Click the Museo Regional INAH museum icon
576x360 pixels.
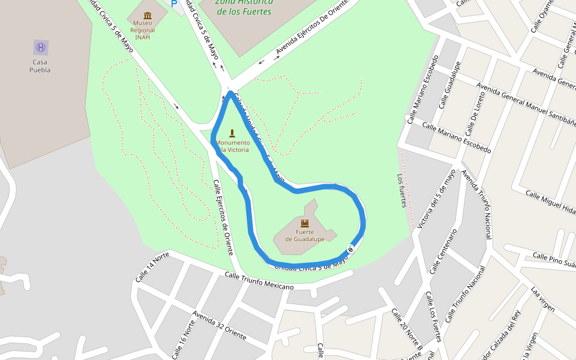(148, 15)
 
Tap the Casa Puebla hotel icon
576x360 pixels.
(41, 47)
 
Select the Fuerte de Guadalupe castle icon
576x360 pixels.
(305, 223)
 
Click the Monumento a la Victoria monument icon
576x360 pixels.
(232, 133)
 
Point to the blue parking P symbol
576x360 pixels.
(174, 4)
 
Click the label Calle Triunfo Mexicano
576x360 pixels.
(259, 281)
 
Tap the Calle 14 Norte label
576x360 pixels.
(152, 268)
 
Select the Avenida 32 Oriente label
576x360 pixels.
(220, 326)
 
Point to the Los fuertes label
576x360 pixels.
(402, 191)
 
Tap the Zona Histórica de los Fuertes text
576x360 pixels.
(244, 7)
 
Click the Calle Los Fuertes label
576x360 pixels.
(433, 318)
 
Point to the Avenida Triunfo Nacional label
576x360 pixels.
(476, 205)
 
